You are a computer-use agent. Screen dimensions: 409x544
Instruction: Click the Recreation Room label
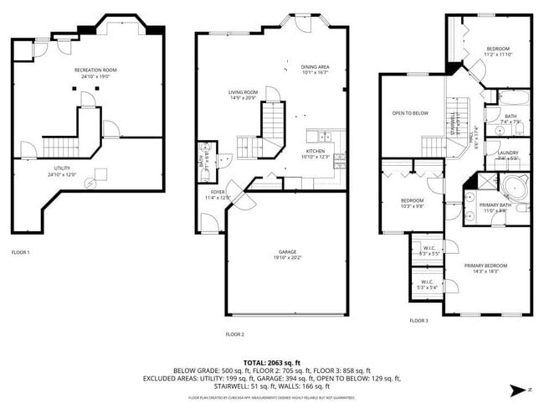click(x=95, y=70)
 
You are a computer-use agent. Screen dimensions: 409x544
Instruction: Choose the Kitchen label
click(x=316, y=152)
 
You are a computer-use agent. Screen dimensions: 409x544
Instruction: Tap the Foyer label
click(x=218, y=193)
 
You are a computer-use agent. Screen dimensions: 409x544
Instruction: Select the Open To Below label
click(x=410, y=113)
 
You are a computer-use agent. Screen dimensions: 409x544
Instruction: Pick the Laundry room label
click(x=508, y=152)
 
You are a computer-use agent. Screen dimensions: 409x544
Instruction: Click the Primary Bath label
click(x=495, y=205)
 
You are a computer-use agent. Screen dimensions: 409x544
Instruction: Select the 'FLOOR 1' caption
click(x=20, y=251)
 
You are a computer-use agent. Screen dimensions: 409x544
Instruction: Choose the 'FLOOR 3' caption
click(x=418, y=320)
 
